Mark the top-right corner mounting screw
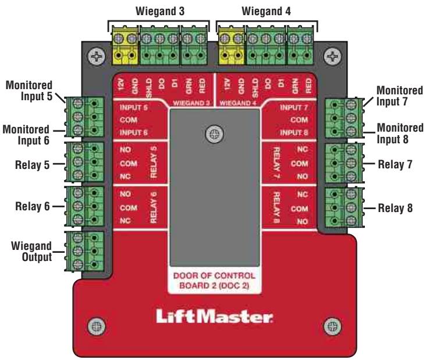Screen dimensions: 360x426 point(332,57)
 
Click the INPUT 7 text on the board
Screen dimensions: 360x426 point(293,108)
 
